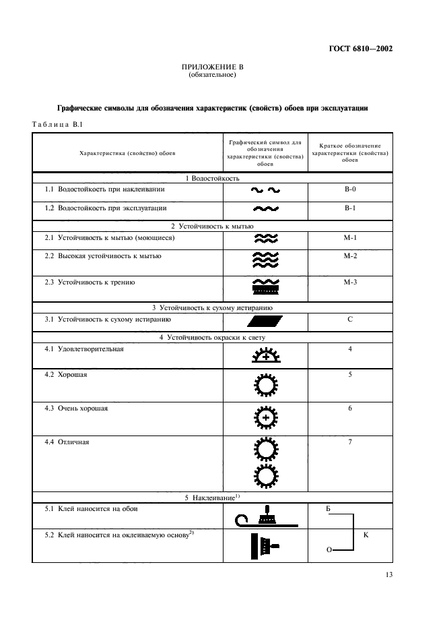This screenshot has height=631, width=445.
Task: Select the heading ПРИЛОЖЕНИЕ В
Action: coord(212,67)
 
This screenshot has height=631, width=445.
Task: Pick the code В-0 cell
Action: coord(349,189)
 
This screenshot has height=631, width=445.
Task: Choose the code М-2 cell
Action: coord(349,256)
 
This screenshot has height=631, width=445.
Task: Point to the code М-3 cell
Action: coord(349,282)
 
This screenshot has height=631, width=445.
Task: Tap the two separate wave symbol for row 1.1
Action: coord(265,191)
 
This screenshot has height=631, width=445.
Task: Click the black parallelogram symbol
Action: coord(265,321)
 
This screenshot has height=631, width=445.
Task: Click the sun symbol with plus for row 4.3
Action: coord(265,418)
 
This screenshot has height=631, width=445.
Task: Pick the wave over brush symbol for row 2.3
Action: coord(265,287)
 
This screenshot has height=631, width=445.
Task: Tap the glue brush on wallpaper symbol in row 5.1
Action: coord(265,516)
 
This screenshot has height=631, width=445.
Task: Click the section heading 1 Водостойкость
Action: coord(212,177)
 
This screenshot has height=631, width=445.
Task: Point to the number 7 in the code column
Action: coord(349,442)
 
